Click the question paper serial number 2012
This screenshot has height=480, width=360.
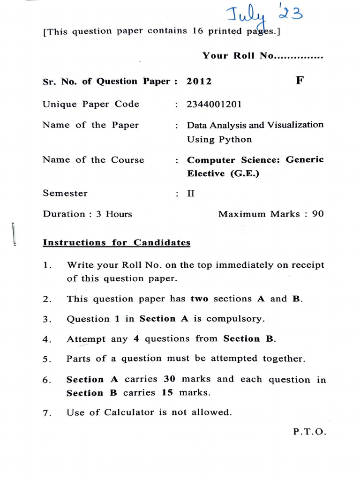(x=199, y=82)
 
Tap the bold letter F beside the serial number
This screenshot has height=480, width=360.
(x=300, y=80)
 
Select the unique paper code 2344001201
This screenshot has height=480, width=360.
(x=214, y=105)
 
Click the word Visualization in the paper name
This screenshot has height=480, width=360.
(x=295, y=125)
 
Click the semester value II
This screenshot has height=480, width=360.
(x=191, y=193)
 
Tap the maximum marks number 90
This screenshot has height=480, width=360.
(x=317, y=214)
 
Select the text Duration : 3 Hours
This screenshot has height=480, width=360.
(x=88, y=214)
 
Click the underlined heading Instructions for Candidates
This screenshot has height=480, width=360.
(x=117, y=243)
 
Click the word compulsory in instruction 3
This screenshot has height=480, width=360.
(x=235, y=319)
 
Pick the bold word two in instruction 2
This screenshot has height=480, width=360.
(x=200, y=299)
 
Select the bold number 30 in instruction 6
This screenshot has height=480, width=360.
(x=170, y=379)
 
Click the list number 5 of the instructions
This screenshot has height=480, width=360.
(x=46, y=360)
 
